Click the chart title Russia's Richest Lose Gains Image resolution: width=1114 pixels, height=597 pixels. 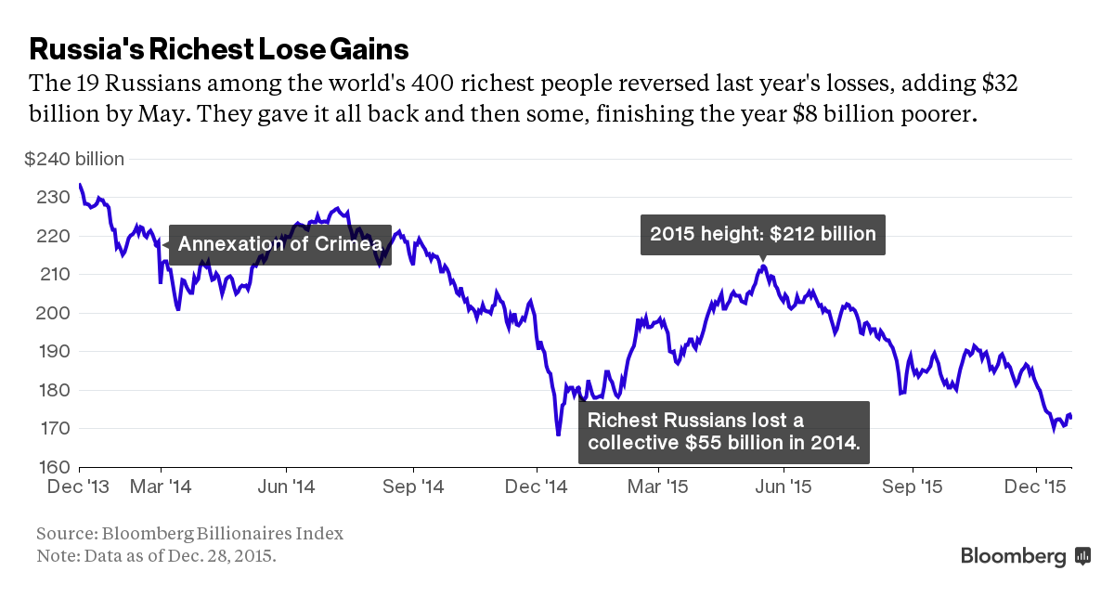(219, 47)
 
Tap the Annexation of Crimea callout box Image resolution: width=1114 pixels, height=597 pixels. (279, 244)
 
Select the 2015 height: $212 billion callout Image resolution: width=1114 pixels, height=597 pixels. (762, 234)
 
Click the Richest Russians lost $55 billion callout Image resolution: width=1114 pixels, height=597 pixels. (723, 432)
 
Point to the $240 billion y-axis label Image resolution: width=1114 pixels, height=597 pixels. (74, 160)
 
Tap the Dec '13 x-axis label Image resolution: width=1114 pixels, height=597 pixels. (80, 486)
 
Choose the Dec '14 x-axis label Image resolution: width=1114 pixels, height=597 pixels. (537, 486)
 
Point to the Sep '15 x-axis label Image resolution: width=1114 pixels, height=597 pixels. (911, 486)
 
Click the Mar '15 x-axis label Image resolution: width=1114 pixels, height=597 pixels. (657, 486)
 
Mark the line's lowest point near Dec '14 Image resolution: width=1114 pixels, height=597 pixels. (558, 434)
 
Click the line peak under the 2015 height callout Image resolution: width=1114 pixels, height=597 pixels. (762, 267)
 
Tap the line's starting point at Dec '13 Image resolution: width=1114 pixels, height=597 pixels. (80, 185)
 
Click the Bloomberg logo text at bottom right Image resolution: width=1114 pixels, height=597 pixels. (1014, 556)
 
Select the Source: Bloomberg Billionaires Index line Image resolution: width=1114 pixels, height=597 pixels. (189, 534)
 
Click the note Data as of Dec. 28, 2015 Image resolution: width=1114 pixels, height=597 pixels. (156, 556)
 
